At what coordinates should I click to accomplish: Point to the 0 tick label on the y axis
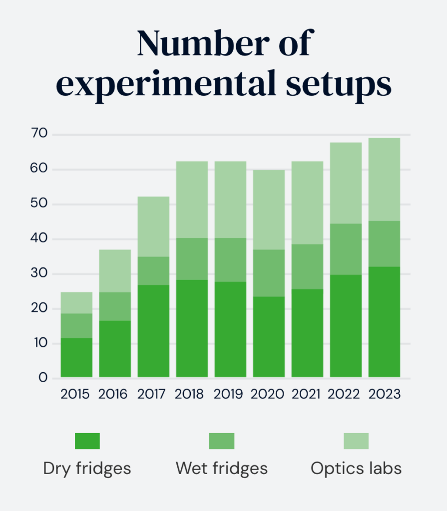tap(43, 377)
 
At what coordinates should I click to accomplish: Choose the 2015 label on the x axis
tap(75, 394)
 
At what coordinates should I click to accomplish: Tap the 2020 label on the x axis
tap(268, 394)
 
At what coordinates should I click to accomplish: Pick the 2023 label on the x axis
tap(384, 394)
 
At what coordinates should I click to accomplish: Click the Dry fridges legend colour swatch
tap(87, 441)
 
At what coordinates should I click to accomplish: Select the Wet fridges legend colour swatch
tap(222, 441)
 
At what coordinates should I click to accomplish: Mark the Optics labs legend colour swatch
tap(356, 441)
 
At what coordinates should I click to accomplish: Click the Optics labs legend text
tap(356, 469)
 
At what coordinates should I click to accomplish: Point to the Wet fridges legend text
tap(222, 469)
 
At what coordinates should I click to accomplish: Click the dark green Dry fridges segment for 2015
tap(76, 357)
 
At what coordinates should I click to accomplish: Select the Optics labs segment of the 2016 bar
tap(115, 270)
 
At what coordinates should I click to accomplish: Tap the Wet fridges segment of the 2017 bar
tap(153, 270)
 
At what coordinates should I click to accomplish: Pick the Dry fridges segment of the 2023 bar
tap(384, 321)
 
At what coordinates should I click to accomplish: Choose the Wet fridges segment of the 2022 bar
tap(346, 249)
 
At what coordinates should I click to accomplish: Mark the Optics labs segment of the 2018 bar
tap(192, 199)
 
